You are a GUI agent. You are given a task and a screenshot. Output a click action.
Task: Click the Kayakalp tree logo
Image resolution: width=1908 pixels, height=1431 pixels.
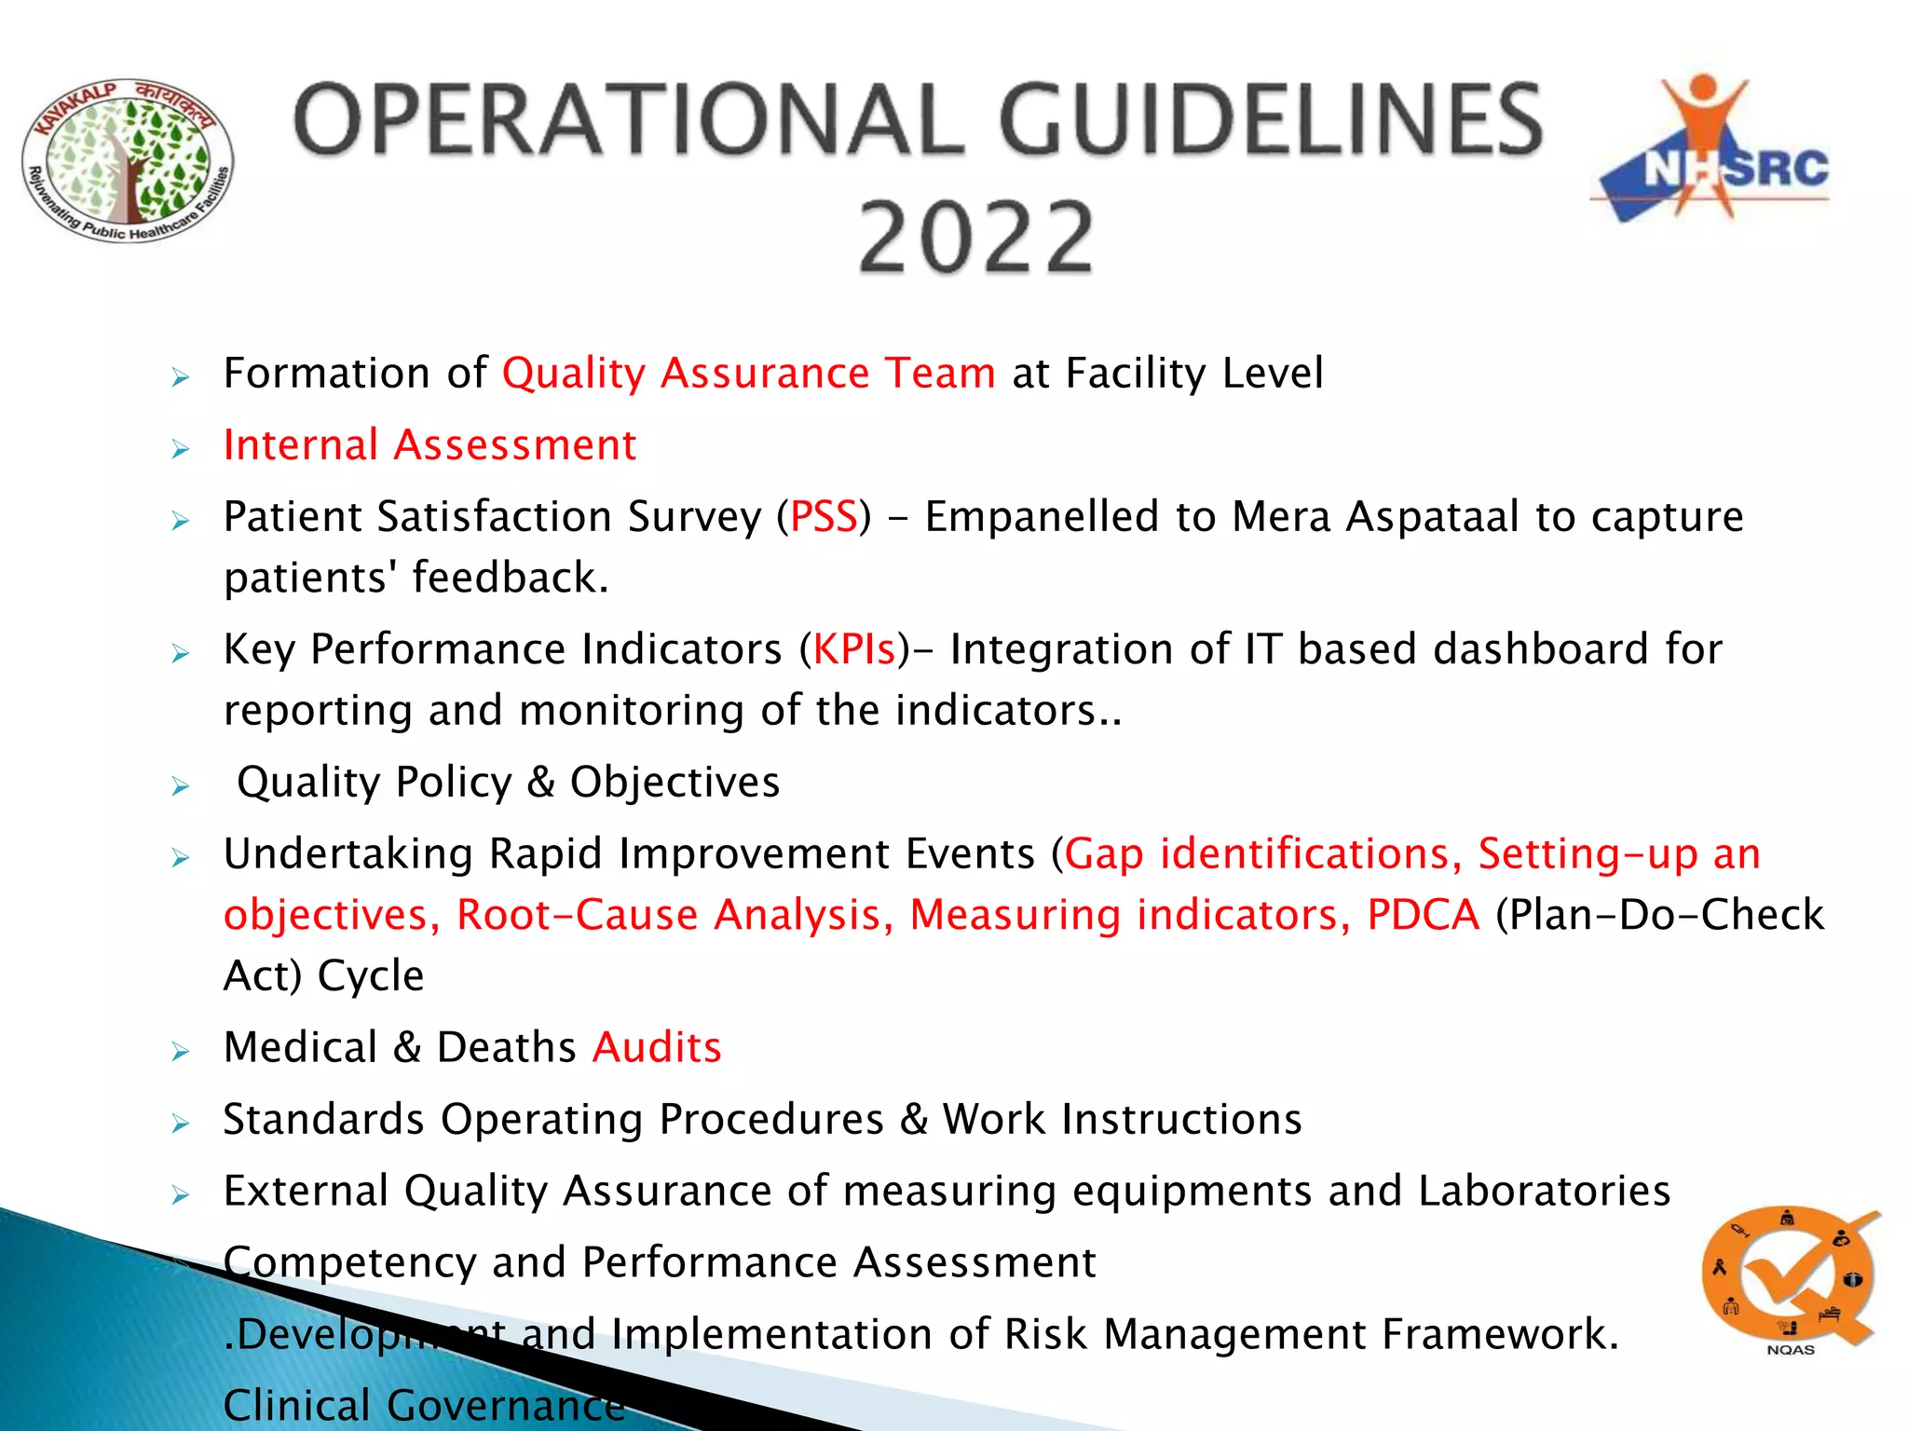click(128, 161)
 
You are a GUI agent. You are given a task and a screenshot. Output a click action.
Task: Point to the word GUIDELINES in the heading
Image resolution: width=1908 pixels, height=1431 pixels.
click(1271, 120)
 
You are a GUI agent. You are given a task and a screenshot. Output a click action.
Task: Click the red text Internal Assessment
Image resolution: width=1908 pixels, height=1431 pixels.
click(429, 445)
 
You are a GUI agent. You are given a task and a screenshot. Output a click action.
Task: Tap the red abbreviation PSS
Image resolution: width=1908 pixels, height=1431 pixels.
click(824, 517)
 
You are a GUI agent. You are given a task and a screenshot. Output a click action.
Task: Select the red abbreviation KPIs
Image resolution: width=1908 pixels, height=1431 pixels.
click(854, 649)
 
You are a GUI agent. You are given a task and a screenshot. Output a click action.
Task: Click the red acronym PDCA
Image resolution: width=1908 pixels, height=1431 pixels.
click(1423, 915)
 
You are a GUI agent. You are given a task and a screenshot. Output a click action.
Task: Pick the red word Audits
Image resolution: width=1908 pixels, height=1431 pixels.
click(657, 1048)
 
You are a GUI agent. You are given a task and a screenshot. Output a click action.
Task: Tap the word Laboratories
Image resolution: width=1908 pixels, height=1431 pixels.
click(1544, 1192)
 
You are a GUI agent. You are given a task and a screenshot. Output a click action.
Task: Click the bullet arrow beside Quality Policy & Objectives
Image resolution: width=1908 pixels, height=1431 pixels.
click(181, 786)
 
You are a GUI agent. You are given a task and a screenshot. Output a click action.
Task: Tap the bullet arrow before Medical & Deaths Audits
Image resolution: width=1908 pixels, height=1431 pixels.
click(181, 1052)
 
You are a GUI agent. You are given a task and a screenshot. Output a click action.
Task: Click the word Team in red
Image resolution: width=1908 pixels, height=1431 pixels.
click(940, 374)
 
